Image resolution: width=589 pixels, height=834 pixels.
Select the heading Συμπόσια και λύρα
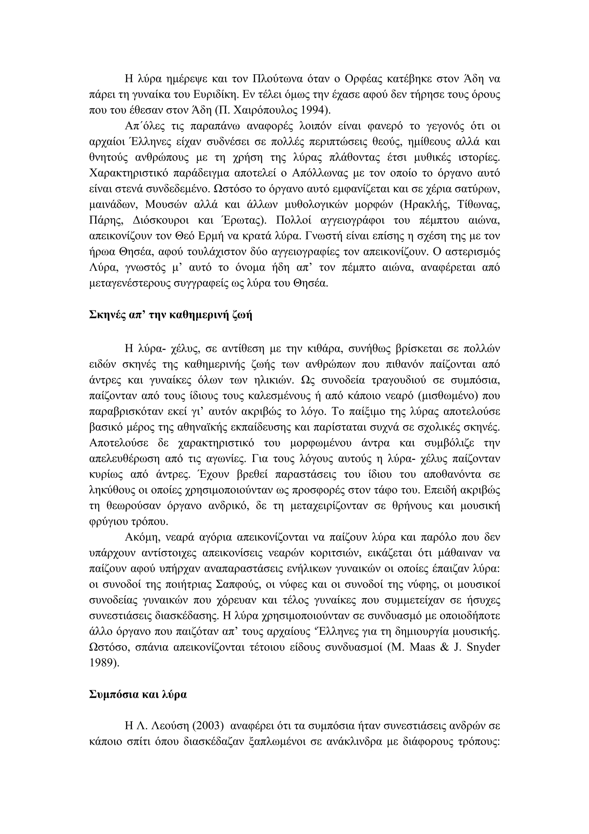pos(138,694)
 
